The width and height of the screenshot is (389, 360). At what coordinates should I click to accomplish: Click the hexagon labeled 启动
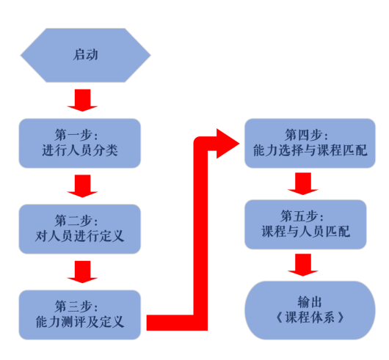[x=86, y=55]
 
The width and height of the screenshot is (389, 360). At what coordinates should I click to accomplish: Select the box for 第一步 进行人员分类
[x=80, y=143]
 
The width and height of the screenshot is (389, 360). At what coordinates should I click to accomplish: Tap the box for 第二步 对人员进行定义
[x=80, y=229]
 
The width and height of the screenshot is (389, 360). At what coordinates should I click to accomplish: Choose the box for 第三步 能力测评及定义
[x=80, y=315]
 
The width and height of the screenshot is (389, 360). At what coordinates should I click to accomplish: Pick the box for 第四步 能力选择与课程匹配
[x=310, y=143]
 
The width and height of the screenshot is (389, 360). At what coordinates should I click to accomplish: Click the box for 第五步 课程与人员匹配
[x=305, y=224]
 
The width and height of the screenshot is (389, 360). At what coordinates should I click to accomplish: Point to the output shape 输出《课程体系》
[x=310, y=310]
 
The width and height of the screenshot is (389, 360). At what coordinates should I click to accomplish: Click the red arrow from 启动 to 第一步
[x=83, y=100]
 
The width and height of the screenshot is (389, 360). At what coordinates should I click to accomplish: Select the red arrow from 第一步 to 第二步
[x=83, y=186]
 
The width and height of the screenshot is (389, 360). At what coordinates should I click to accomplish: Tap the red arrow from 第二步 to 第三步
[x=83, y=272]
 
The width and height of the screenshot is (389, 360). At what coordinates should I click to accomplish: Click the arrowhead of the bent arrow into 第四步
[x=228, y=144]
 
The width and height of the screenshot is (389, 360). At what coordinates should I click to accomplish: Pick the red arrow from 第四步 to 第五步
[x=303, y=184]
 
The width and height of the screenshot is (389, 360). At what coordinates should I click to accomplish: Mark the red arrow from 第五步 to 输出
[x=303, y=265]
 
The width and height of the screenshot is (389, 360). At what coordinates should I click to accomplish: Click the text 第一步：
[x=76, y=135]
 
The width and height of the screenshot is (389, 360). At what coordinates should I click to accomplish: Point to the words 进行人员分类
[x=80, y=150]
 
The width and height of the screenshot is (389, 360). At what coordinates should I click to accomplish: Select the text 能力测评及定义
[x=80, y=322]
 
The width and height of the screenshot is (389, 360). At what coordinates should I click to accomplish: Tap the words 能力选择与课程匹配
[x=310, y=150]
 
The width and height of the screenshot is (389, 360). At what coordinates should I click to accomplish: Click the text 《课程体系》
[x=310, y=317]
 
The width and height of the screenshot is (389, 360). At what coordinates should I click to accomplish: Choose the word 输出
[x=310, y=302]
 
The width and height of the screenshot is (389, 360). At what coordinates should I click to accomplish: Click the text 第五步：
[x=302, y=216]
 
